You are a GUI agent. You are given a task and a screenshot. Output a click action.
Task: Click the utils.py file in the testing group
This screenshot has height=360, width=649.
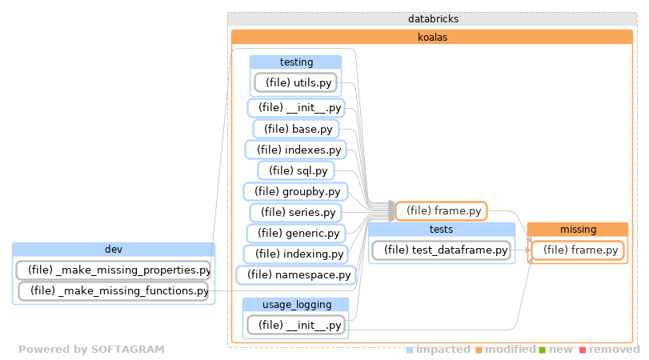pyautogui.click(x=295, y=82)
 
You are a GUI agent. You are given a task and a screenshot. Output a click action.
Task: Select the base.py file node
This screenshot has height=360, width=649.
pyautogui.click(x=295, y=129)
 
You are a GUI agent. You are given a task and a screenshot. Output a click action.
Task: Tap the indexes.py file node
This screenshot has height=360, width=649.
pyautogui.click(x=294, y=150)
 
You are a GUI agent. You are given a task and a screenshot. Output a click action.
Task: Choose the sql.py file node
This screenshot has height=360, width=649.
pyautogui.click(x=295, y=170)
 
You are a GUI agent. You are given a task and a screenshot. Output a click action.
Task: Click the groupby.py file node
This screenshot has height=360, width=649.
pyautogui.click(x=295, y=191)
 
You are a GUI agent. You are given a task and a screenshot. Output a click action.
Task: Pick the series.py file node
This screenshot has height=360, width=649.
pyautogui.click(x=295, y=212)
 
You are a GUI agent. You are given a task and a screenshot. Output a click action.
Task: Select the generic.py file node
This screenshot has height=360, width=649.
pyautogui.click(x=295, y=233)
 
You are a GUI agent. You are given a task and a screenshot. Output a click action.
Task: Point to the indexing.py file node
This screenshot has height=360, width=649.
pyautogui.click(x=295, y=254)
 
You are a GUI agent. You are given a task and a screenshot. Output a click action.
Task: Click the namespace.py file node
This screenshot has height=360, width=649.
pyautogui.click(x=299, y=274)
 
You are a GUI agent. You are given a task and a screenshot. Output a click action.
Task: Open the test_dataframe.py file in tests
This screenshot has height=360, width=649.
pyautogui.click(x=441, y=250)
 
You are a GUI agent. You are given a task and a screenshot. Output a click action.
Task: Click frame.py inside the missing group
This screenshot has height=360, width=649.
pyautogui.click(x=577, y=250)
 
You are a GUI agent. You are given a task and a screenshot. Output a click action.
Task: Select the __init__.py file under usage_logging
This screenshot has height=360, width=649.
pyautogui.click(x=295, y=325)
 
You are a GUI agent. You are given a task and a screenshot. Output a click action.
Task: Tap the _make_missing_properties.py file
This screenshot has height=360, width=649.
pyautogui.click(x=113, y=270)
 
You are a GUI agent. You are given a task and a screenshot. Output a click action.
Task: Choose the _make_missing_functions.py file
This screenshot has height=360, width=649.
pyautogui.click(x=113, y=290)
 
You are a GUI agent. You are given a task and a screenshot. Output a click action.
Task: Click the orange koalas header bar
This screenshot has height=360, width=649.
pyautogui.click(x=432, y=37)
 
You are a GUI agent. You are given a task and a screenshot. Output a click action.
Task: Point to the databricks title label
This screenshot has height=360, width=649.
pyautogui.click(x=432, y=18)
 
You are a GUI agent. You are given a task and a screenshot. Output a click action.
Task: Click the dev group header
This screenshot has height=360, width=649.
pyautogui.click(x=113, y=249)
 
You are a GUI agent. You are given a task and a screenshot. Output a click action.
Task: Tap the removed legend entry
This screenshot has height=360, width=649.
pyautogui.click(x=614, y=350)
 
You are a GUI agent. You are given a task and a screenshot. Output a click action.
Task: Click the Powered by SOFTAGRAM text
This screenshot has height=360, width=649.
pyautogui.click(x=91, y=350)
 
